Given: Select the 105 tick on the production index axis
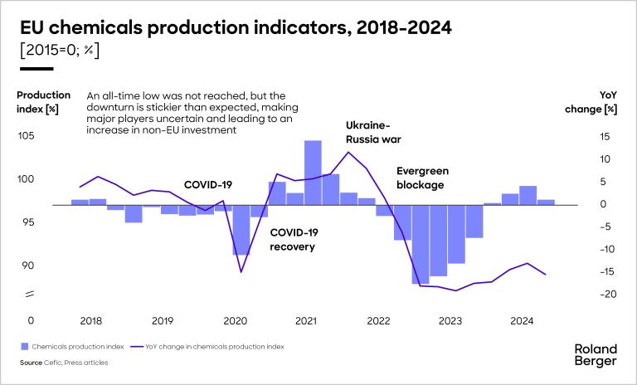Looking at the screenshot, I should pyautogui.click(x=27, y=136).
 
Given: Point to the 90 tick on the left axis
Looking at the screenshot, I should pyautogui.click(x=27, y=266).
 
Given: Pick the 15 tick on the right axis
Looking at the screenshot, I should pyautogui.click(x=605, y=136).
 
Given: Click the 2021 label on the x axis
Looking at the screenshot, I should pyautogui.click(x=306, y=321).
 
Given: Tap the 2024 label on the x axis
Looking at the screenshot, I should pyautogui.click(x=522, y=321).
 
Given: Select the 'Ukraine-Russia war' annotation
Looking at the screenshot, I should pyautogui.click(x=367, y=133).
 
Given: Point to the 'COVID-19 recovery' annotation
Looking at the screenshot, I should pyautogui.click(x=294, y=240).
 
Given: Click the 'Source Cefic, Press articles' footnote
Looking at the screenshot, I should pyautogui.click(x=65, y=363).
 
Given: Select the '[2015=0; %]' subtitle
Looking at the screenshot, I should pyautogui.click(x=59, y=50).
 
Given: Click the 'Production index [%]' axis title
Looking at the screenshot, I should pyautogui.click(x=43, y=102).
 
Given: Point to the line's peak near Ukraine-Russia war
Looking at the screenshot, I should pyautogui.click(x=348, y=152).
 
